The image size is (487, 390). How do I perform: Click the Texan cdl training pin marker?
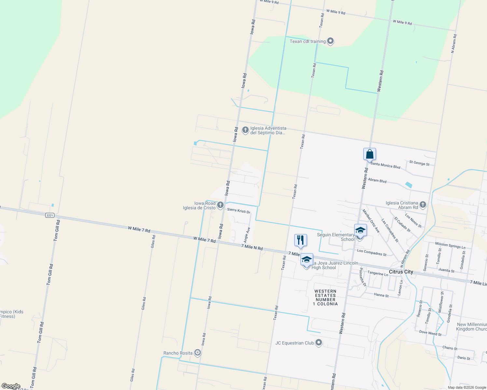point(330,41)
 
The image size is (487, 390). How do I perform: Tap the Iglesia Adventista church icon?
point(245,130)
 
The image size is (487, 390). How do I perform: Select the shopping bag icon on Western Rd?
point(369,154)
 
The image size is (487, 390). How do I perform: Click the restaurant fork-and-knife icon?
point(300,240)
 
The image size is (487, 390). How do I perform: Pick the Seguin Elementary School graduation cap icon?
point(360,230)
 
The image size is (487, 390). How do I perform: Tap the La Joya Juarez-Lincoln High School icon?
point(306,260)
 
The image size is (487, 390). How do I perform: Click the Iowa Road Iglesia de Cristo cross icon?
point(220,205)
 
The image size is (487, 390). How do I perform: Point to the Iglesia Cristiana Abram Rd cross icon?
point(423,204)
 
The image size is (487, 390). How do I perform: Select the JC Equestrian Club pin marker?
point(319,343)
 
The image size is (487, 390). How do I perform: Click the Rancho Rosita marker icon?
point(197,353)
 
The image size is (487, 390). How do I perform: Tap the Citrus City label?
point(401,272)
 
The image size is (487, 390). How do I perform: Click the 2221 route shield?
point(49,215)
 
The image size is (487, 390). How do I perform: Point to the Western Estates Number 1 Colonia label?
point(325,298)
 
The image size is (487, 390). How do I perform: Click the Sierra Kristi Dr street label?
point(239,211)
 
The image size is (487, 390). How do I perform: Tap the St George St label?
point(419,163)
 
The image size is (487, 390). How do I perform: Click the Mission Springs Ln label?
point(450,245)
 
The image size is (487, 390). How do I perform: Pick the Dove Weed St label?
point(430,333)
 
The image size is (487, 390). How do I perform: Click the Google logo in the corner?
point(11,386)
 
